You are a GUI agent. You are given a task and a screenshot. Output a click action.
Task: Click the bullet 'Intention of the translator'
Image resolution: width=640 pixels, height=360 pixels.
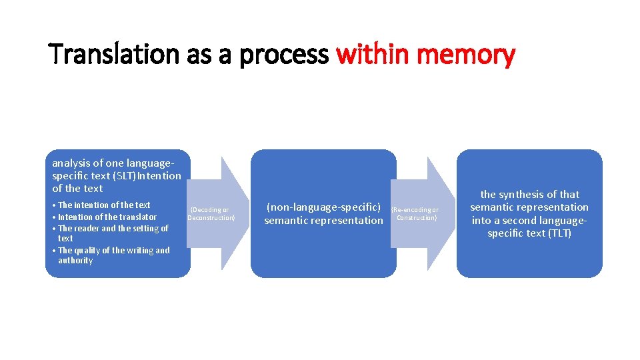coord(107,217)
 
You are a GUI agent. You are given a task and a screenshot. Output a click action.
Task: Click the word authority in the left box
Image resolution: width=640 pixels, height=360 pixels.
coord(75,261)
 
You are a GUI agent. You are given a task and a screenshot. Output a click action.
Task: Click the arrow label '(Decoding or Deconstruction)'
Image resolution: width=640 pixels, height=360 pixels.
coord(211,213)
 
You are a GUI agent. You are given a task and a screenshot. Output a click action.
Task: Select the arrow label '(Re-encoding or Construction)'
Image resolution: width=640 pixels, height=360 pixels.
coord(415,213)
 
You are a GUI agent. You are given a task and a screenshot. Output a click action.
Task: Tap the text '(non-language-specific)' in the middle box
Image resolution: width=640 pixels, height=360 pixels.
coord(323,207)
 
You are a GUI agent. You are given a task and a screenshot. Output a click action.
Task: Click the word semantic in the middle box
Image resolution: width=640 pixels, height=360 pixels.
coord(287,221)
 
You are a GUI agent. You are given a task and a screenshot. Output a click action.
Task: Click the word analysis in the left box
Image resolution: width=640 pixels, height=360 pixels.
coord(70,163)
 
